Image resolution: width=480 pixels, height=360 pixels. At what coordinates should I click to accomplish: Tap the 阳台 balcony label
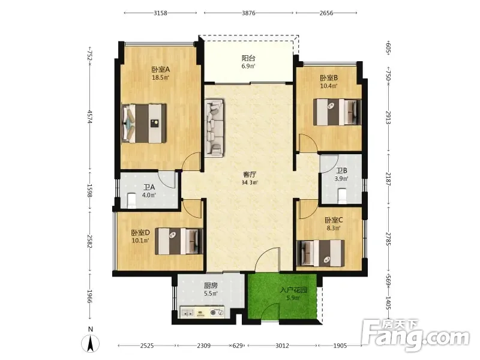(248, 58)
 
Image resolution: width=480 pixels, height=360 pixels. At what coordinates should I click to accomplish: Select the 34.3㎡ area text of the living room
(250, 183)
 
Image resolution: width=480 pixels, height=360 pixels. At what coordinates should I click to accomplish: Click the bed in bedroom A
(144, 124)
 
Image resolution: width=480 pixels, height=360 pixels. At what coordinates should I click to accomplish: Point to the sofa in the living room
(214, 128)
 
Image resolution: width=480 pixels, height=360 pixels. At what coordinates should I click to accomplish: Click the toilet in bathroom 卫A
(131, 200)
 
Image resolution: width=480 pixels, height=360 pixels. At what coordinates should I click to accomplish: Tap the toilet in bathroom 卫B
(343, 196)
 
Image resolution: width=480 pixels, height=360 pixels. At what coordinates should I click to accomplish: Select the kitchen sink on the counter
(187, 313)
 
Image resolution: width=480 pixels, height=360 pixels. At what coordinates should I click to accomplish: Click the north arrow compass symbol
(90, 344)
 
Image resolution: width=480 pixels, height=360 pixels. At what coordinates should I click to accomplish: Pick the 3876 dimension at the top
(248, 13)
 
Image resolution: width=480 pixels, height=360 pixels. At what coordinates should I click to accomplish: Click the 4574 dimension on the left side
(89, 116)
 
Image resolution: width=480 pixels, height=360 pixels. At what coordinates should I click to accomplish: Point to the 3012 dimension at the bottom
(282, 346)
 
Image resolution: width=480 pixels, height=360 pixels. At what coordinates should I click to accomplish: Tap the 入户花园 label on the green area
(293, 290)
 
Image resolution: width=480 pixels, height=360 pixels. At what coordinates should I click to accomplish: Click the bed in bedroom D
(179, 241)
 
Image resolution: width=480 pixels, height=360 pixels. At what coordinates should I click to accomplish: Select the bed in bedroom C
(320, 253)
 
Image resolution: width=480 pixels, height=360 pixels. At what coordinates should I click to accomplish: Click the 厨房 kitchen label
(211, 286)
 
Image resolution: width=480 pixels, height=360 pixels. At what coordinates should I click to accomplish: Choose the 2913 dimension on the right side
(388, 118)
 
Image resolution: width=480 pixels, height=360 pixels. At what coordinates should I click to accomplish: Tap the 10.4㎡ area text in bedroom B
(329, 86)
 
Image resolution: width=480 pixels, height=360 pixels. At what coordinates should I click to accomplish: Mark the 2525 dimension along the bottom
(147, 346)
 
